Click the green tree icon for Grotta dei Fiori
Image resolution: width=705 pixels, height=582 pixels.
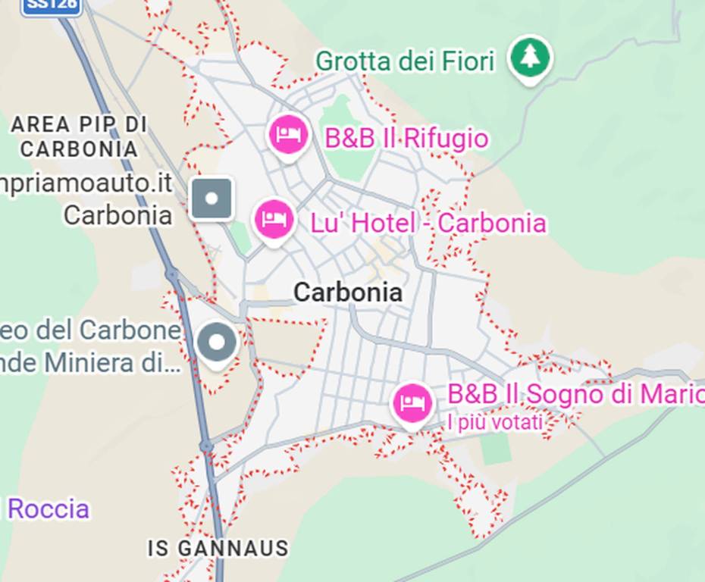click(529, 57)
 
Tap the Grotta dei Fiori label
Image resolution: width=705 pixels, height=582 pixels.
click(405, 61)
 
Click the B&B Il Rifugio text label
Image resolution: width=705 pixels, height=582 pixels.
click(406, 139)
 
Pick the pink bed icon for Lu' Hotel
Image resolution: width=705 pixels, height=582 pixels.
click(273, 219)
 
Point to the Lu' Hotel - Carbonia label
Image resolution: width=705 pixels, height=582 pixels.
click(428, 224)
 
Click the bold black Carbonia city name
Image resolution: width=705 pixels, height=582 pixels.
click(348, 293)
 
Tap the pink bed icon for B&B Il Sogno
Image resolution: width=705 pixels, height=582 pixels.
click(412, 402)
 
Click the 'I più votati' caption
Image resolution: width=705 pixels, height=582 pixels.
click(495, 422)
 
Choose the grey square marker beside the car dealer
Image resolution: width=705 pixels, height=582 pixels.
click(211, 199)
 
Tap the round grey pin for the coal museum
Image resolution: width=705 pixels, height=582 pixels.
click(217, 343)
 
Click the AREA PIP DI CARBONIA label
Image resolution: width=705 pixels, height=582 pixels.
click(79, 136)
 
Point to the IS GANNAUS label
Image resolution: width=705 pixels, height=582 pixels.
click(218, 548)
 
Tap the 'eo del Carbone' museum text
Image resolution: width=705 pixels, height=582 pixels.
click(91, 330)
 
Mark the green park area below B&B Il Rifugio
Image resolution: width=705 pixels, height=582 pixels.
click(349, 144)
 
